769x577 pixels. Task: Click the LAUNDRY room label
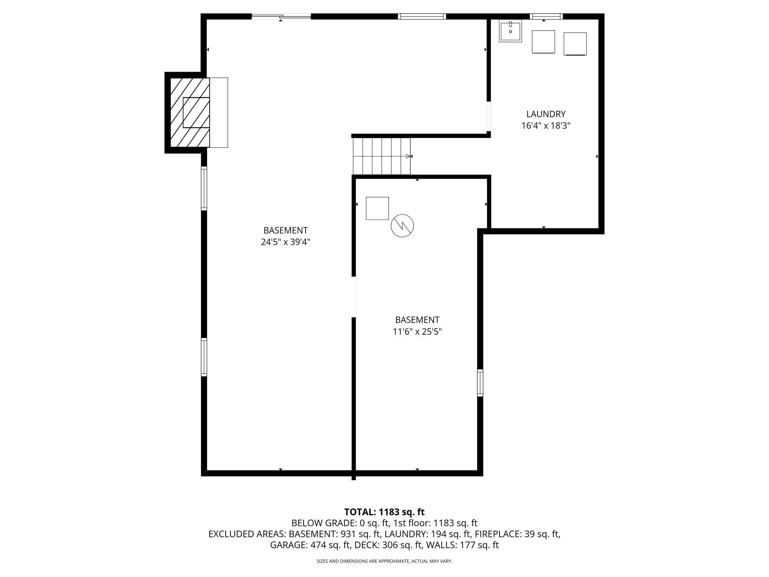(x=546, y=114)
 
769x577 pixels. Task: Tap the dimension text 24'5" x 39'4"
(x=285, y=242)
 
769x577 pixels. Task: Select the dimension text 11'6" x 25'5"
(x=417, y=332)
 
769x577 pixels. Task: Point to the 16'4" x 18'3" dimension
(x=546, y=126)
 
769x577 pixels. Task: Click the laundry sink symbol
(x=510, y=31)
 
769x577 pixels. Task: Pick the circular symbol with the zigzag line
(x=402, y=225)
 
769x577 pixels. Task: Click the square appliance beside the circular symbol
(x=377, y=208)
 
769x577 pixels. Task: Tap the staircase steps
(x=381, y=156)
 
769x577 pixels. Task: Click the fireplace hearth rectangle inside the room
(x=219, y=112)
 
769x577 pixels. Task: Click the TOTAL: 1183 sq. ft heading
(x=384, y=512)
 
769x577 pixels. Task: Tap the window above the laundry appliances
(x=546, y=16)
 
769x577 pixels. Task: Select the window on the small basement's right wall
(x=480, y=383)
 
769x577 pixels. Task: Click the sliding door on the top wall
(x=281, y=16)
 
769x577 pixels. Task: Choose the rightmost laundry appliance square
(x=575, y=44)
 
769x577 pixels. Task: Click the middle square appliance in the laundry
(x=543, y=42)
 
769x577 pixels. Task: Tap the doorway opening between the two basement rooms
(x=354, y=297)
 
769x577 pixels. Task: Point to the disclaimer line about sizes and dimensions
(x=384, y=561)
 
